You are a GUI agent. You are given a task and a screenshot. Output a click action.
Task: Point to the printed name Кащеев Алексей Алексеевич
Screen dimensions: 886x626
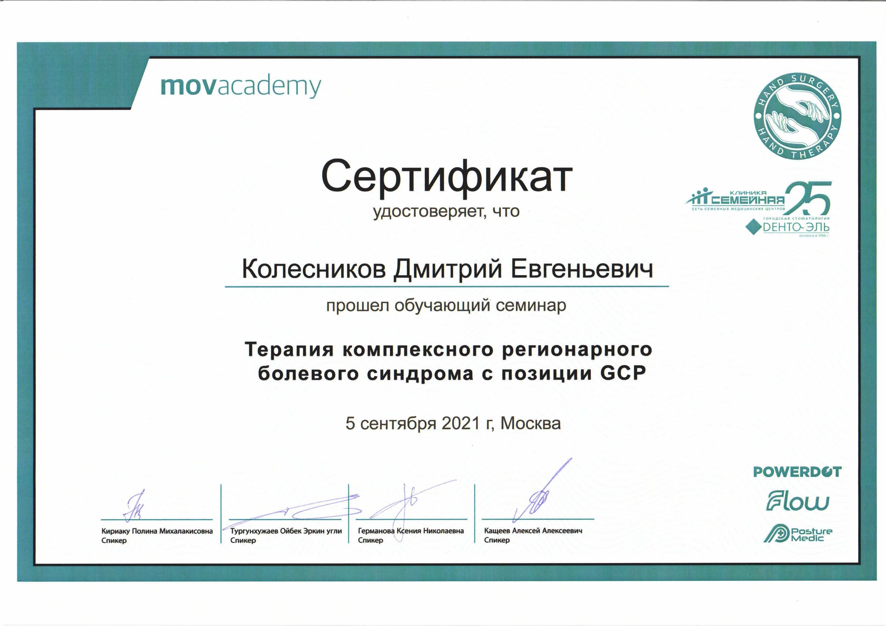(533, 531)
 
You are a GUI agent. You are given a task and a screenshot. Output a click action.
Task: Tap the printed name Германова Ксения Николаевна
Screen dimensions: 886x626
(411, 531)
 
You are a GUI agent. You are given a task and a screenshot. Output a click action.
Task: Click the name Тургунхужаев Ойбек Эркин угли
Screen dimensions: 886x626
(286, 531)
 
